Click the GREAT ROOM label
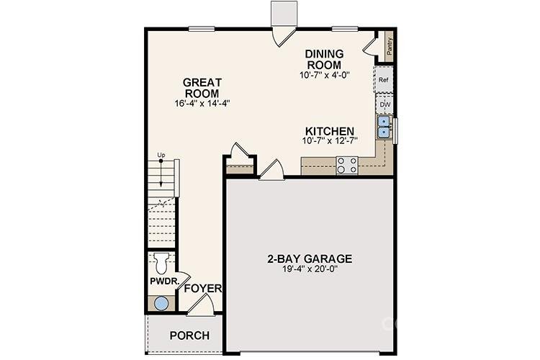tap(202, 88)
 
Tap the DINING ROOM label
tap(324, 59)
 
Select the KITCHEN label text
tap(329, 131)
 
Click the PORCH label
tap(189, 336)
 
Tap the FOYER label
tap(202, 289)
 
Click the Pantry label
tap(390, 48)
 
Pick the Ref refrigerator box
tap(384, 80)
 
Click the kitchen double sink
tap(384, 127)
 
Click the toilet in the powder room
tap(160, 261)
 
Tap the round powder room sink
tap(161, 303)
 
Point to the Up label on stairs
tap(161, 156)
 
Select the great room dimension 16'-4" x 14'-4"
tap(202, 104)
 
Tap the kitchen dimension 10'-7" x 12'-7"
tap(329, 141)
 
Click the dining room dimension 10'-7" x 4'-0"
tap(324, 75)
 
